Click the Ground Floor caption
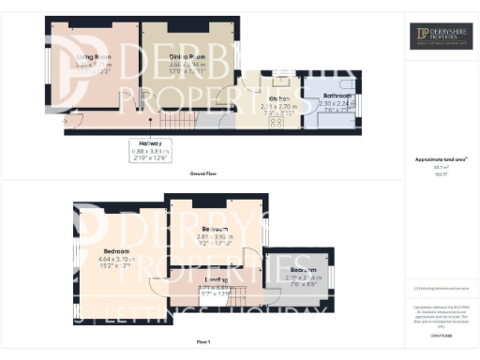coord(204,174)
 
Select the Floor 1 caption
coord(204,342)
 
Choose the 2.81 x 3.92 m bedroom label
coord(215,229)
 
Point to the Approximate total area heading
coord(440,160)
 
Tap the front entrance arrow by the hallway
coord(64,120)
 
